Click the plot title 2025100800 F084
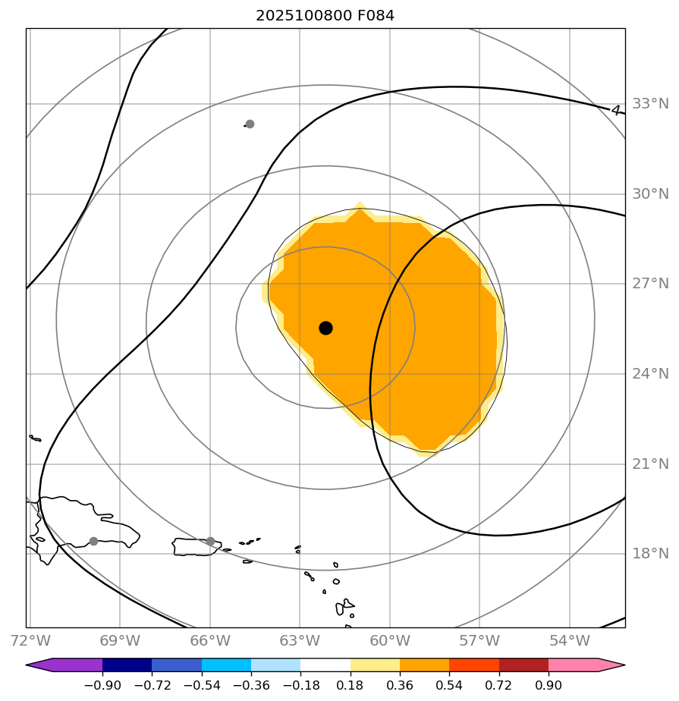point(325,15)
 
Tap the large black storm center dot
point(325,328)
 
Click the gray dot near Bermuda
point(250,124)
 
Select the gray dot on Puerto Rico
point(210,541)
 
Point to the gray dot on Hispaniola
point(93,541)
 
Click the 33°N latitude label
point(650,104)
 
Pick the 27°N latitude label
point(650,284)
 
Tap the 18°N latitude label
point(650,553)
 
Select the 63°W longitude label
point(300,641)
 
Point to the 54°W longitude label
point(570,641)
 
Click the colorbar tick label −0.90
point(102,685)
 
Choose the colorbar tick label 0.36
point(400,685)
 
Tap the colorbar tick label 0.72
point(498,685)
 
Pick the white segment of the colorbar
point(325,665)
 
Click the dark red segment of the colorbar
point(523,665)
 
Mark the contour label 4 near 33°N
point(616,110)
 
